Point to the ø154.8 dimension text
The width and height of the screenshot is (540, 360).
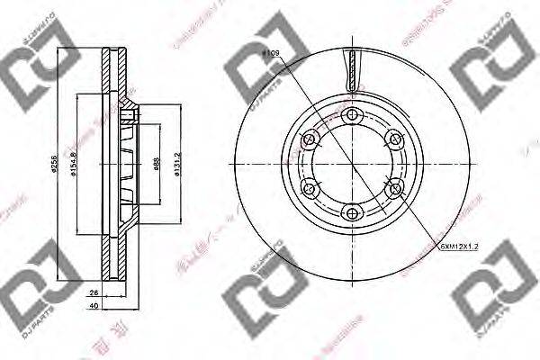[x=79, y=164]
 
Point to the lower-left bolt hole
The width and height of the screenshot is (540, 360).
[x=308, y=188]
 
